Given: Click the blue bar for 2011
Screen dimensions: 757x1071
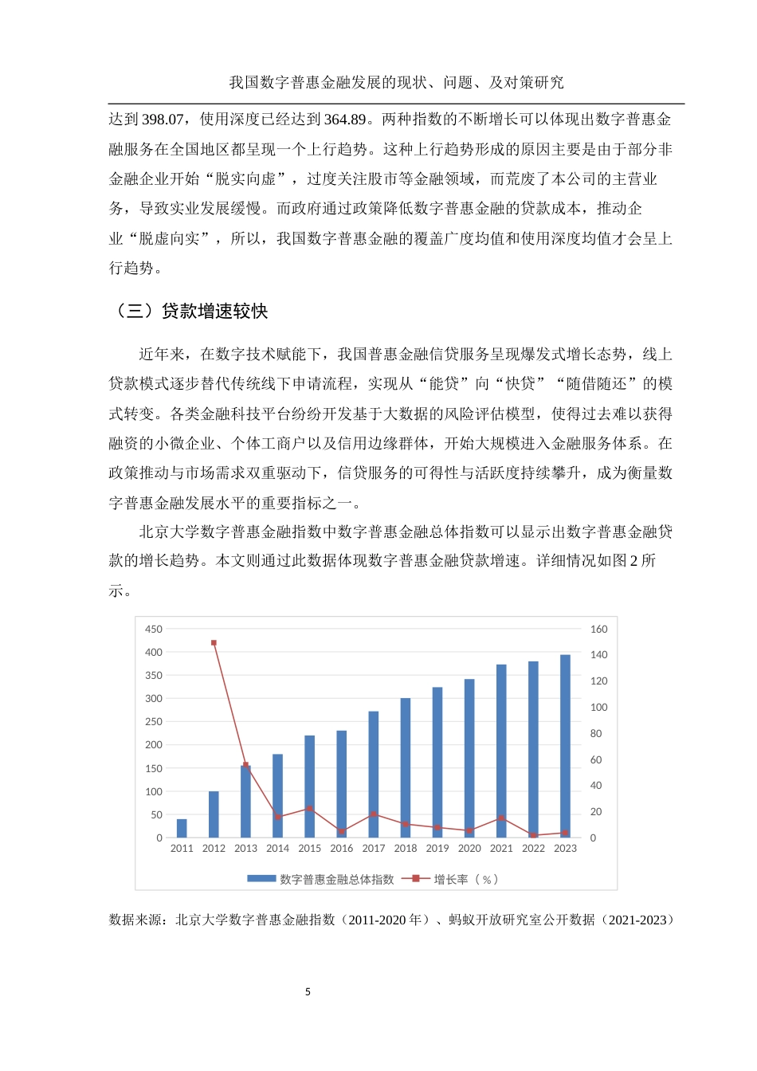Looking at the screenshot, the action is coord(182,829).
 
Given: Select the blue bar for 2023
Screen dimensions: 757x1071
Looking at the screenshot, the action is coord(565,746).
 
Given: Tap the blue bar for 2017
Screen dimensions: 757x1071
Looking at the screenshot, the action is coord(373,774).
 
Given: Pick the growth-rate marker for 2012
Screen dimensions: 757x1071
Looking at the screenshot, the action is coord(214,643).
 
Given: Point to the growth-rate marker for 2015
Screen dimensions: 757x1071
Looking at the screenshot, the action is coord(309,809).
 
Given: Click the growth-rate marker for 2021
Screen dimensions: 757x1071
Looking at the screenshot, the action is coord(501,818).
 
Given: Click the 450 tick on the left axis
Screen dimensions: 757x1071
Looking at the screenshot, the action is coord(154,630).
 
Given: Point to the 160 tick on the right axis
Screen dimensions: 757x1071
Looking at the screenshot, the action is coord(598,630).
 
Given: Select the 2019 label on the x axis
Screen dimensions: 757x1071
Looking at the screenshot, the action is coord(437,849).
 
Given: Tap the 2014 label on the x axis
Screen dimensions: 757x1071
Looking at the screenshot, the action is coord(277,849).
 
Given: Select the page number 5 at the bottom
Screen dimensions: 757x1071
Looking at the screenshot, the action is coord(308,992).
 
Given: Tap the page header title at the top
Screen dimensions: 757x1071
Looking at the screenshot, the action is coord(396,83).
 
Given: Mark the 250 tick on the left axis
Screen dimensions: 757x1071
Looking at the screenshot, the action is coord(154,722).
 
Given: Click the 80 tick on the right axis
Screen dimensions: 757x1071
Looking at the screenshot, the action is coord(595,734).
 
